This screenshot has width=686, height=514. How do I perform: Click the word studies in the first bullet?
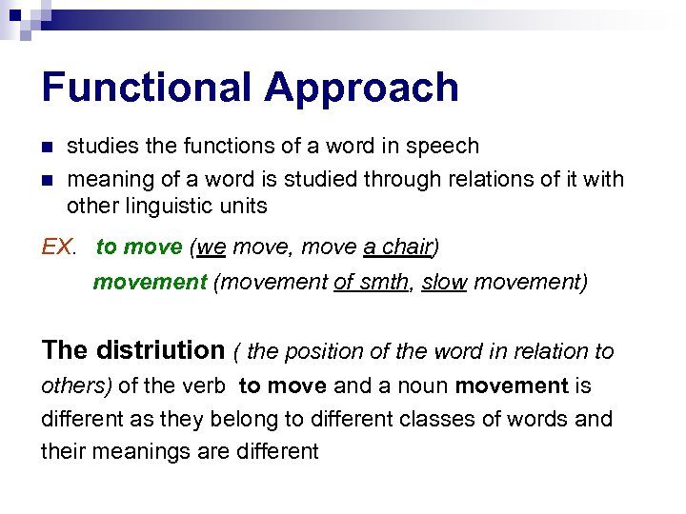pos(100,146)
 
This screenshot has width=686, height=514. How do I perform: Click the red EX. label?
pos(58,247)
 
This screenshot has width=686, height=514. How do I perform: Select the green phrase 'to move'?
pos(138,247)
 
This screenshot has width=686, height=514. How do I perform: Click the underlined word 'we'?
pos(212,247)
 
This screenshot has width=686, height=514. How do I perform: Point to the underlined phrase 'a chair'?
pos(397,247)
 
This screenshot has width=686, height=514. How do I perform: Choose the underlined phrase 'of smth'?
pos(370,283)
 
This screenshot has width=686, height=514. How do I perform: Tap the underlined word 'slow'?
pos(444,283)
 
